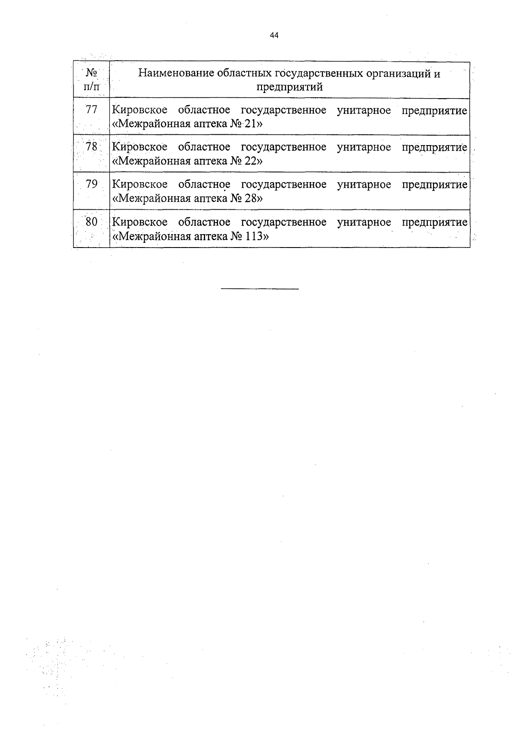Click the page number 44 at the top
274,36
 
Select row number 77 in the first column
91,110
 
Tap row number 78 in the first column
91,147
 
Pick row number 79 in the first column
91,184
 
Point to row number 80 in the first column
91,222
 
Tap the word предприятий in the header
290,87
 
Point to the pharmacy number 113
254,236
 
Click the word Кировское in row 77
140,111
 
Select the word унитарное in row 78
364,147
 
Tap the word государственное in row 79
283,185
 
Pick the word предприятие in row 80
434,223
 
